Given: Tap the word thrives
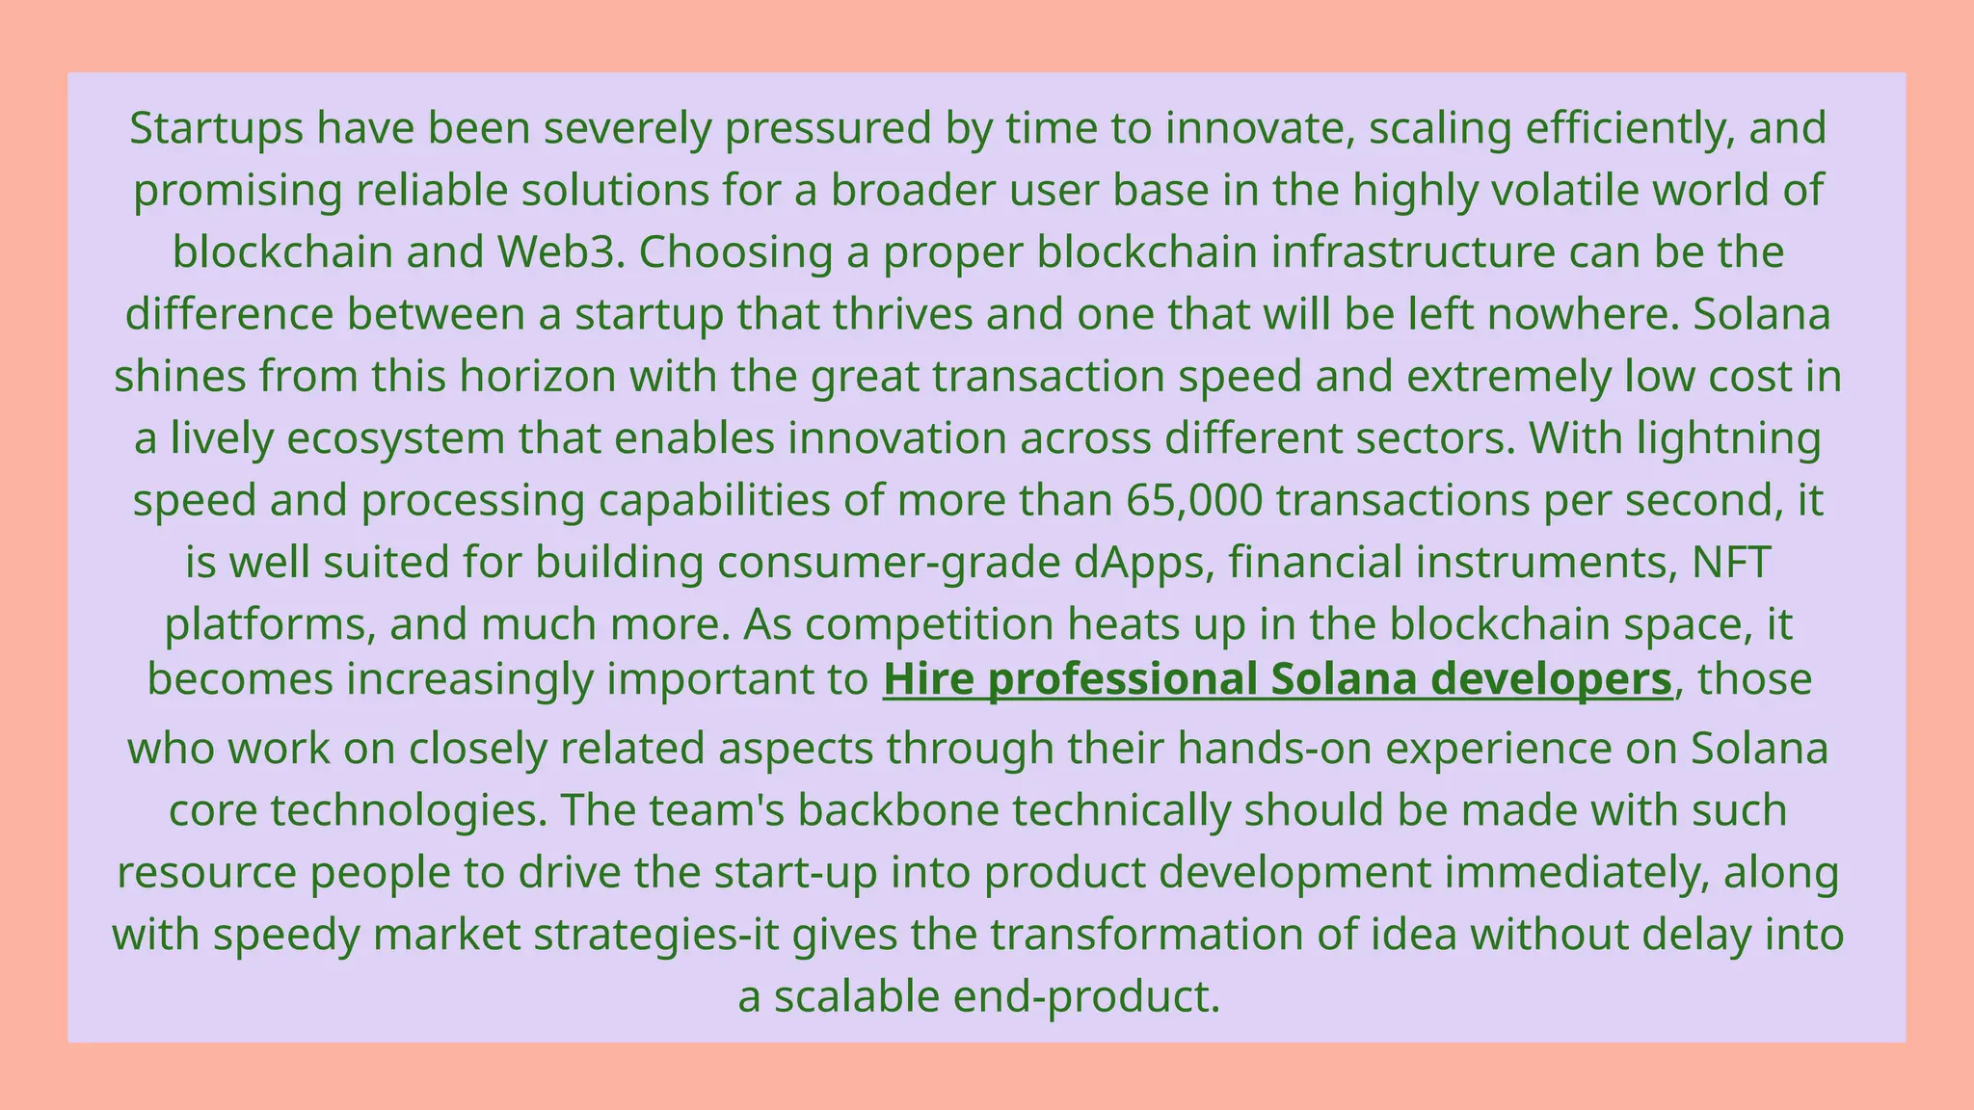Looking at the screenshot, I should [x=902, y=315].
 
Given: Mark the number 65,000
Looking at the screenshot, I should [x=1193, y=501].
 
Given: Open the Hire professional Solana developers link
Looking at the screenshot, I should [x=1277, y=679].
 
